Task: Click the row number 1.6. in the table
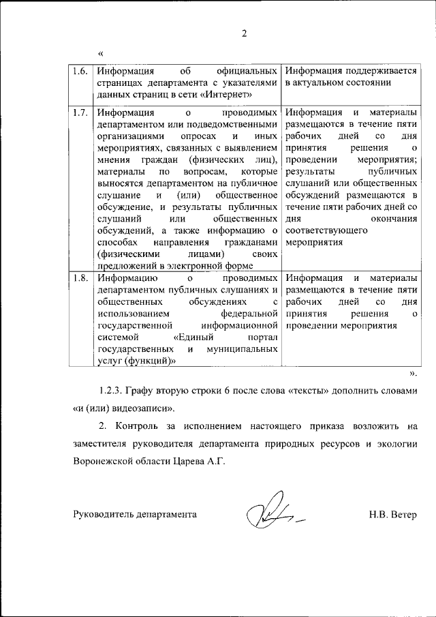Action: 80,71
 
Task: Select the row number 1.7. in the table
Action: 80,112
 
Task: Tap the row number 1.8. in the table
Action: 80,278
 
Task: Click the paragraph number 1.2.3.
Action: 116,391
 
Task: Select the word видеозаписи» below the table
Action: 144,409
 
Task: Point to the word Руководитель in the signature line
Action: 104,514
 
